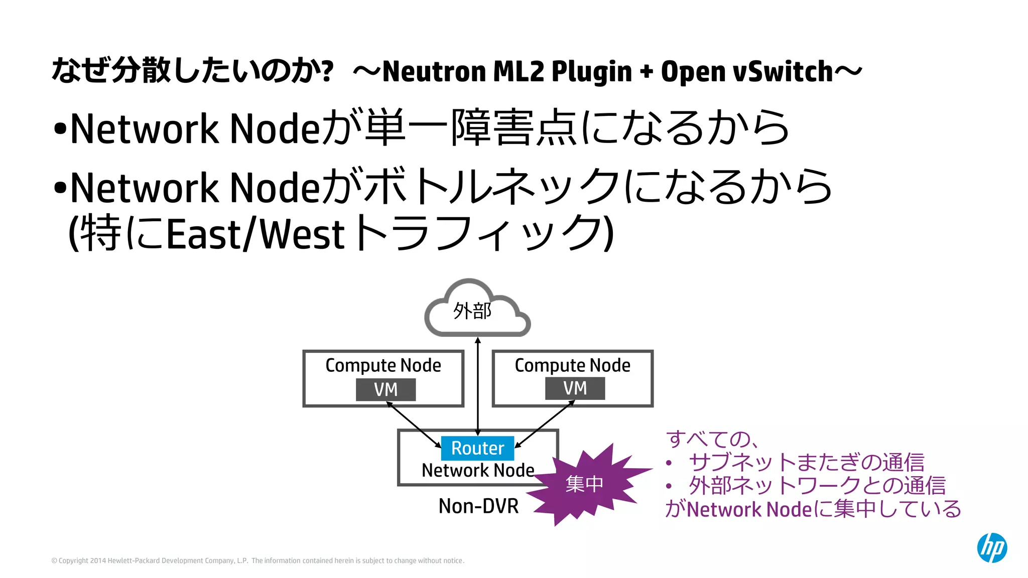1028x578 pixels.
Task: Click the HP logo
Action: tap(991, 547)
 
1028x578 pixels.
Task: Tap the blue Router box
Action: tap(477, 448)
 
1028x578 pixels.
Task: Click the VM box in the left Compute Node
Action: tap(385, 389)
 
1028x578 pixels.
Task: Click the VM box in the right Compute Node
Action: tap(575, 388)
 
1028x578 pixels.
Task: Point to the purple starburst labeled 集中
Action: tap(585, 483)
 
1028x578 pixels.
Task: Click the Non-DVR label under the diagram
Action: tap(478, 506)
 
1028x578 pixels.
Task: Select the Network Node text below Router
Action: tap(477, 471)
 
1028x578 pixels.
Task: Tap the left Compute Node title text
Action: tap(383, 365)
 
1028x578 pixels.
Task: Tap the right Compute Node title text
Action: tap(572, 365)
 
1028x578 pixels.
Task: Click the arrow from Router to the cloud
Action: tap(478, 381)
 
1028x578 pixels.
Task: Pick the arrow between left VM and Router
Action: tap(414, 424)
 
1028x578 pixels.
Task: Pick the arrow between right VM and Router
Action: tap(545, 424)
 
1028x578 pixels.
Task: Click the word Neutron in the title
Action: tap(435, 71)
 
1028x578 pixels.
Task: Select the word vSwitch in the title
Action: tap(783, 71)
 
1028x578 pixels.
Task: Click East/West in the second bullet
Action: tap(255, 234)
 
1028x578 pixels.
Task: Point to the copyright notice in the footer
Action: tap(258, 560)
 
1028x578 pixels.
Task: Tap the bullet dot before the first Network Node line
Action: tap(60, 129)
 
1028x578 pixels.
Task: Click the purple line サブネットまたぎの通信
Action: tap(806, 462)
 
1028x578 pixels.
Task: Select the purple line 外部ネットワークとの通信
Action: tap(817, 485)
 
